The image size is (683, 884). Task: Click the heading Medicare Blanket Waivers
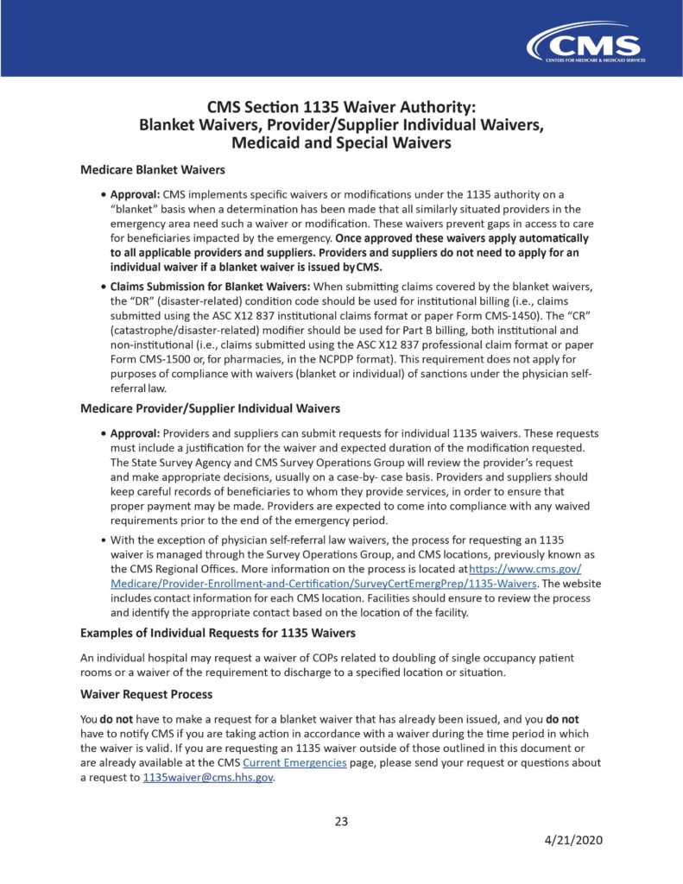click(x=152, y=170)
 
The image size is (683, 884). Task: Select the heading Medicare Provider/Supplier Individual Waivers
click(x=210, y=408)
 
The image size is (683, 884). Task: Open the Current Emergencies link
click(x=295, y=764)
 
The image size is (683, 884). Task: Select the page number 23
click(x=341, y=821)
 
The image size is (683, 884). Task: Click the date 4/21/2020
click(x=572, y=840)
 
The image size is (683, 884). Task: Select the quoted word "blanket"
click(x=139, y=209)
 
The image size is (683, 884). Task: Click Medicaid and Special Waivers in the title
click(x=342, y=143)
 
